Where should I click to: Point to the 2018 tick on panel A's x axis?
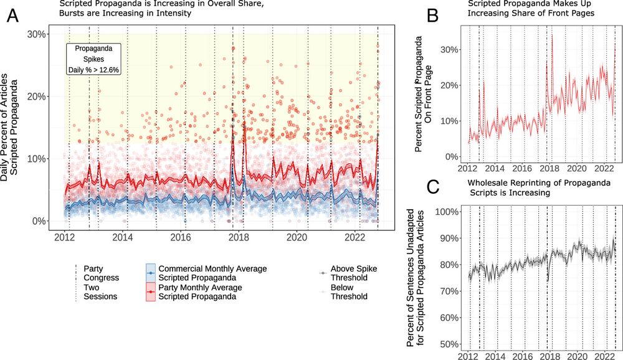click(239, 237)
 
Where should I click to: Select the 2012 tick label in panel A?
click(65, 237)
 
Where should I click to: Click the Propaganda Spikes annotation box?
click(93, 59)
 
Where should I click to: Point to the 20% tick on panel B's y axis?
click(449, 85)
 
